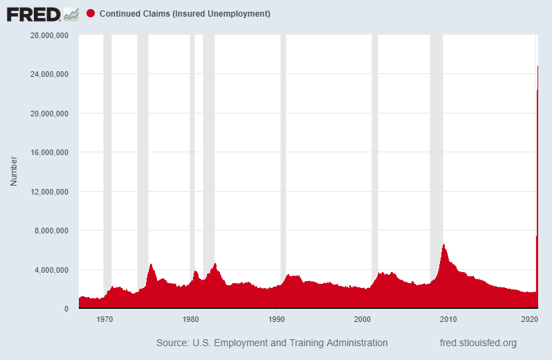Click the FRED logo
42,13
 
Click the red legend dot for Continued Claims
91,14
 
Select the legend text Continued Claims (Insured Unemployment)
185,14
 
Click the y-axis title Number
13,172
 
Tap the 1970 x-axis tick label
105,319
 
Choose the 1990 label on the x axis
277,319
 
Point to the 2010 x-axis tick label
448,319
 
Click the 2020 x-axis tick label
530,319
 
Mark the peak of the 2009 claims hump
443,244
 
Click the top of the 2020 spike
537,66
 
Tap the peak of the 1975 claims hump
151,264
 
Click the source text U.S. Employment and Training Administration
272,343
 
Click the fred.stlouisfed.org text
478,343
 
